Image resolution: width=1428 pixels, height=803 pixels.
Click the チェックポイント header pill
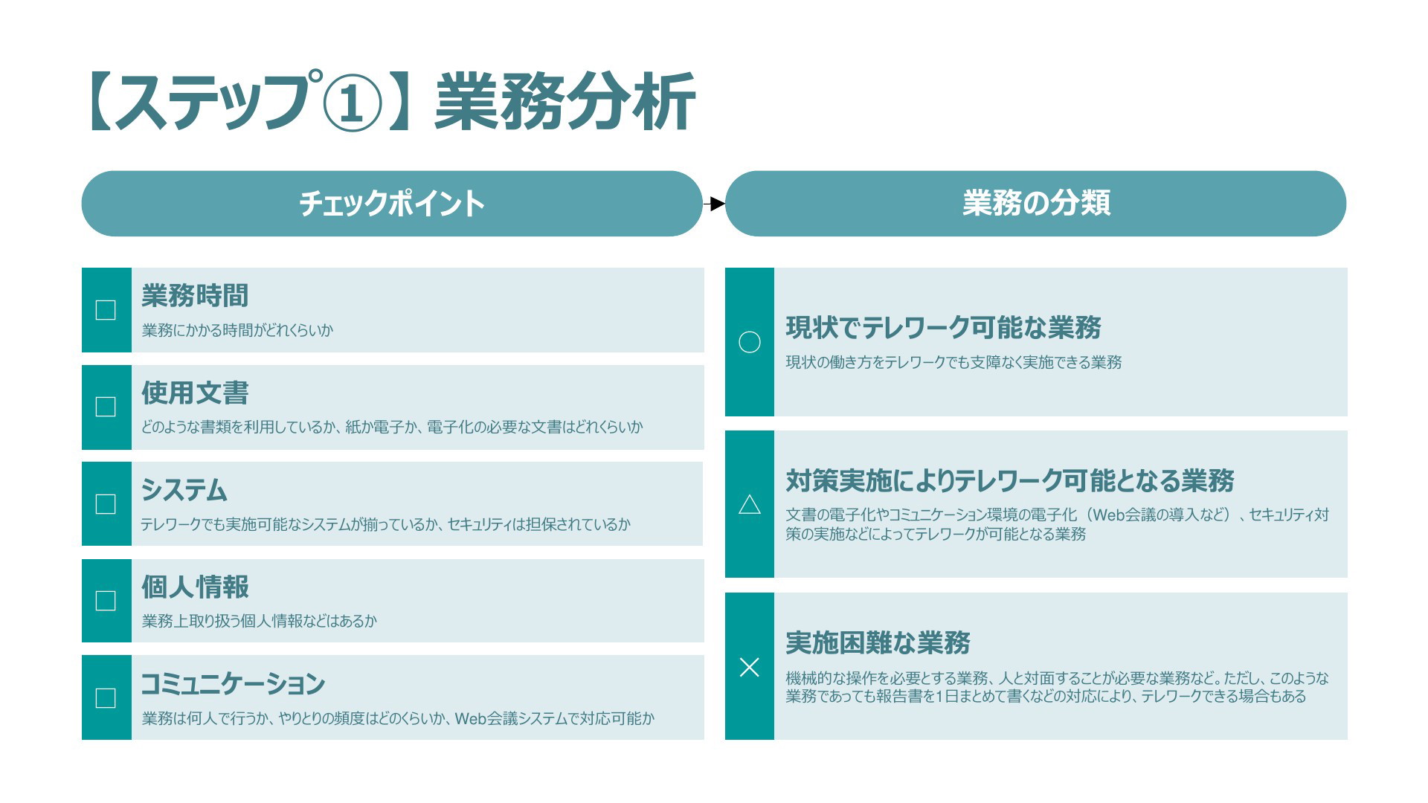pos(392,204)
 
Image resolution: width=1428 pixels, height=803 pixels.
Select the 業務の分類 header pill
pos(1035,204)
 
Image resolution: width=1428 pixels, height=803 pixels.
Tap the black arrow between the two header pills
pos(714,204)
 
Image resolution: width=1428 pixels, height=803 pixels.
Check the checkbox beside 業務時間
pos(106,310)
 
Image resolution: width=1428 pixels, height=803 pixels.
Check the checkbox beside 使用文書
pos(106,407)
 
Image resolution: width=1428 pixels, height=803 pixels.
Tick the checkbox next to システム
pos(106,504)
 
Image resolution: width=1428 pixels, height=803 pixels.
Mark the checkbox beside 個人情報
pos(106,601)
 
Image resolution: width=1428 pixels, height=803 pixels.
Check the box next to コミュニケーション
pos(106,698)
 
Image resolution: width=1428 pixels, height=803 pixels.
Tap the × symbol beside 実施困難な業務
pos(749,667)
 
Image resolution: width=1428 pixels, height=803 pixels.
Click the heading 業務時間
pos(195,296)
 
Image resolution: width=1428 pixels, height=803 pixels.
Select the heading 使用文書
pos(195,393)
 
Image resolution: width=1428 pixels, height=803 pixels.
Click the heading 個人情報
pos(195,587)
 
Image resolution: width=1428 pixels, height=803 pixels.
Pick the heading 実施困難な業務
pos(878,643)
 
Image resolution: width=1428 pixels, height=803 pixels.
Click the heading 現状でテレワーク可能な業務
pos(943,328)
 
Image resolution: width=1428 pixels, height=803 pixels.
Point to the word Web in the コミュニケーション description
pos(471,719)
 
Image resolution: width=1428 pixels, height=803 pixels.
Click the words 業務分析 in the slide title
pos(565,103)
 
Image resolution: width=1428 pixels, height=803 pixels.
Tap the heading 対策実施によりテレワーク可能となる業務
pos(1010,481)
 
